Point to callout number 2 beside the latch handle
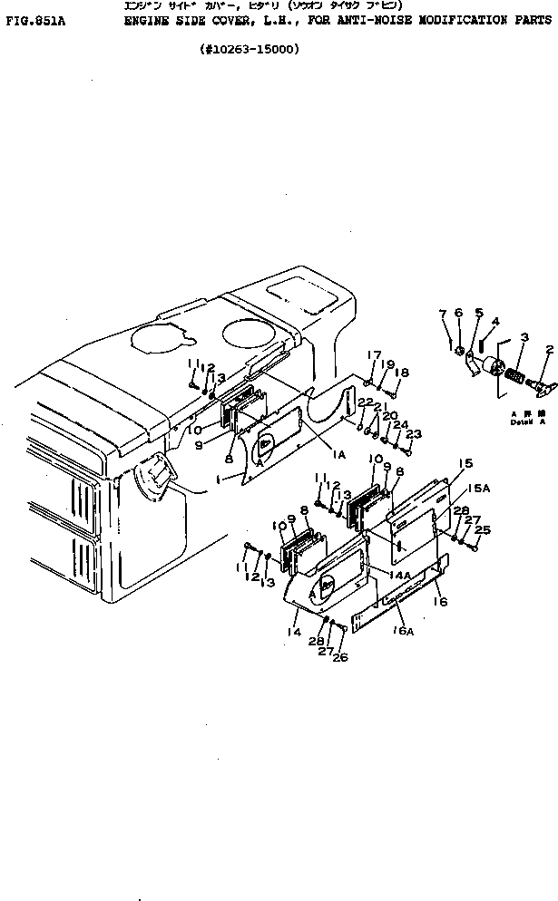pos(548,349)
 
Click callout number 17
pos(372,354)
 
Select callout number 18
pos(402,372)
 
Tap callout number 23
pos(414,434)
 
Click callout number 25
pos(483,529)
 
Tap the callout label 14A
pos(400,576)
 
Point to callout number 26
pos(342,657)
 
